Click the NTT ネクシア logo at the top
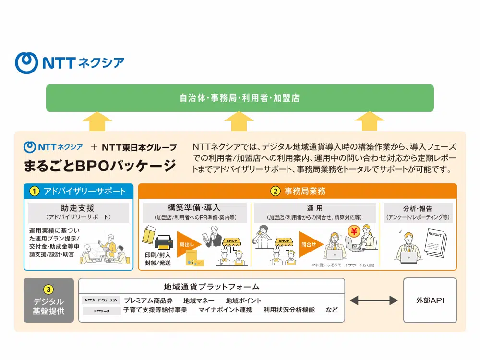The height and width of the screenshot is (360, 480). click(x=70, y=63)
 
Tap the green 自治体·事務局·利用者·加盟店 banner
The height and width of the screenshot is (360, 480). click(x=240, y=98)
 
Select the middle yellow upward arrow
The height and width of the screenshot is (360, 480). click(x=239, y=121)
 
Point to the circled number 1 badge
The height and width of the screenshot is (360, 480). click(x=34, y=191)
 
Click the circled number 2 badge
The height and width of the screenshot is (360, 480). click(x=275, y=191)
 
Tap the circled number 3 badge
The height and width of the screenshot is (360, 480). click(x=48, y=289)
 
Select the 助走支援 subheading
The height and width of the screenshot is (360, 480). click(x=78, y=208)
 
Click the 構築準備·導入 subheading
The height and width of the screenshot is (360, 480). click(x=194, y=208)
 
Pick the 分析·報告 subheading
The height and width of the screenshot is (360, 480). click(x=417, y=208)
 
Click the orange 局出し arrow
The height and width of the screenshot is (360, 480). click(x=188, y=244)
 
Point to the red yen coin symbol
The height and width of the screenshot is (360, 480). click(x=354, y=231)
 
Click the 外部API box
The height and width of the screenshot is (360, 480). click(x=430, y=300)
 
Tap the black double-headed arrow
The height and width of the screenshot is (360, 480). click(x=373, y=300)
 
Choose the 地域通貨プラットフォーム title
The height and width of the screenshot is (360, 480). click(x=212, y=287)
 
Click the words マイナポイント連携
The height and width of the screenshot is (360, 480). click(x=225, y=310)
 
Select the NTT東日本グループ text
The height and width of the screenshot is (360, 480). click(x=139, y=147)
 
